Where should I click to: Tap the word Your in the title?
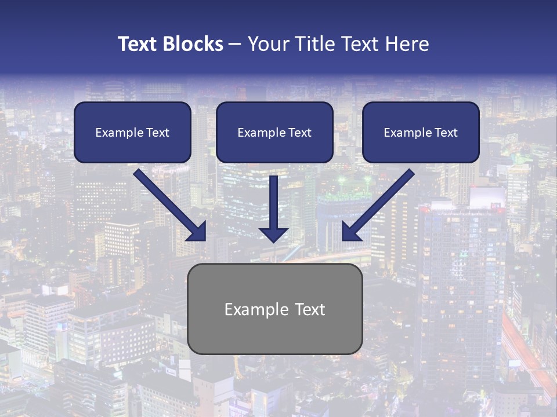[x=268, y=44]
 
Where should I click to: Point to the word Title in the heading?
[x=314, y=44]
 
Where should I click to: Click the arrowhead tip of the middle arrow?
[x=274, y=240]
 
